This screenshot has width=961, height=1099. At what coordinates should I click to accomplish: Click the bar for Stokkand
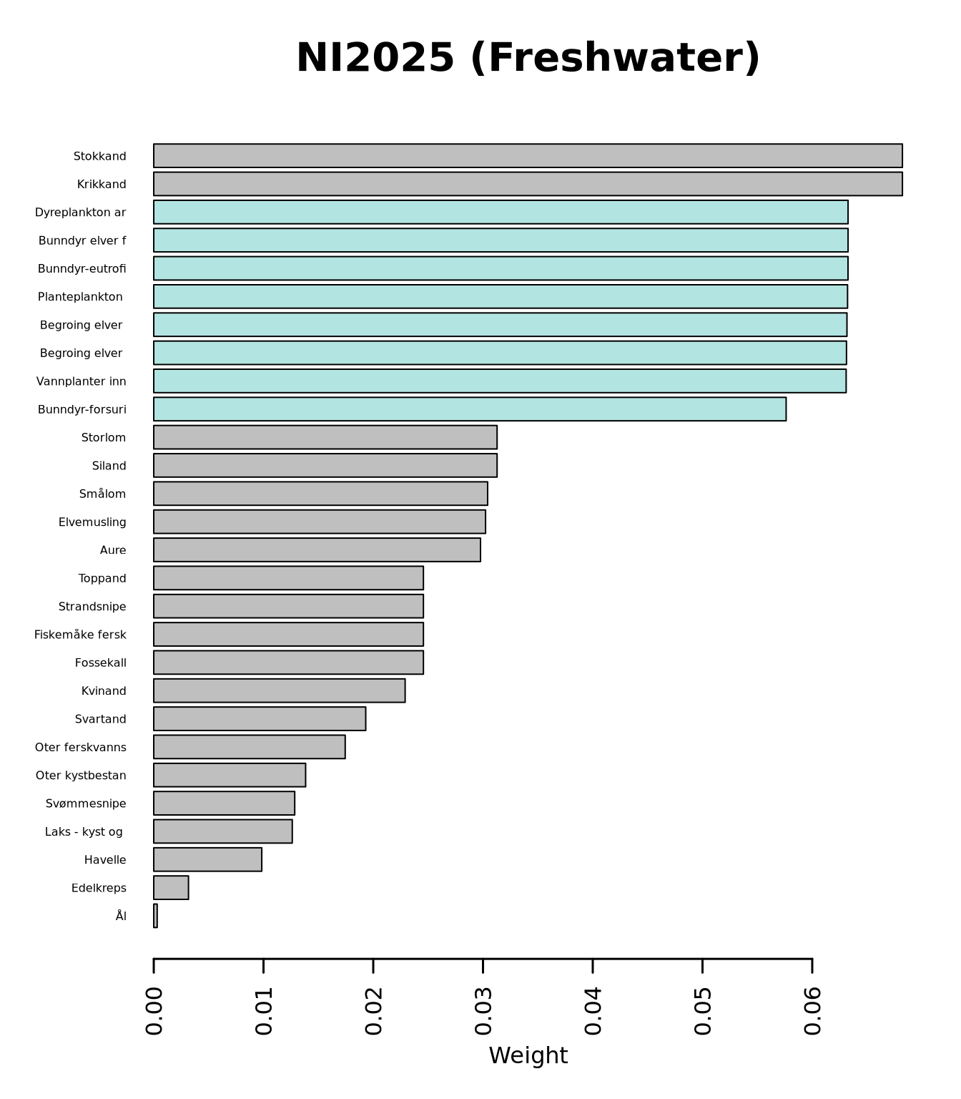coord(528,156)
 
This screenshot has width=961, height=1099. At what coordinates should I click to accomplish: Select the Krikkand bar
coord(528,184)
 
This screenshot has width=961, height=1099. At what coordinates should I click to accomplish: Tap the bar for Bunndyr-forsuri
coord(470,409)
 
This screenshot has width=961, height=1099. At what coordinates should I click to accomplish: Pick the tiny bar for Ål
coord(155,916)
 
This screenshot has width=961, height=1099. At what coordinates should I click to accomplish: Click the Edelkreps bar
coord(171,888)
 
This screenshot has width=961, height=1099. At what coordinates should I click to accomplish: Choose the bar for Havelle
coord(207,859)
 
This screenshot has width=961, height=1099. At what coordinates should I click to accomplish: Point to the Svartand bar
coord(260,719)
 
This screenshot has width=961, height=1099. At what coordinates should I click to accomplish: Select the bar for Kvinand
coord(279,690)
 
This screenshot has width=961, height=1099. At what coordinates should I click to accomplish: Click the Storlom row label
coord(104,438)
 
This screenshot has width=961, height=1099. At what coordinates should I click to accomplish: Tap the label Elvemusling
coord(92,522)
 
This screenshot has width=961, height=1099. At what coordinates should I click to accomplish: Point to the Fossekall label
coord(101,663)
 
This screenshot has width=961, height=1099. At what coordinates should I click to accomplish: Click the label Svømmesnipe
coord(86,804)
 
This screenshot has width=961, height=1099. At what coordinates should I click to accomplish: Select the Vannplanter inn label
coord(82,381)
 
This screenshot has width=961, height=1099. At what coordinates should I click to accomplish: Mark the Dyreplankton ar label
coord(81,213)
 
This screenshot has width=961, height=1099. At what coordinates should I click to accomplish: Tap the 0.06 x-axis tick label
coord(812,1010)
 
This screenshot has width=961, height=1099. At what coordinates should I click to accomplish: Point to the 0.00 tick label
coord(154,1010)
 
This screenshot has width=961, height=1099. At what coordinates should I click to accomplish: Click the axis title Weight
coord(528,1055)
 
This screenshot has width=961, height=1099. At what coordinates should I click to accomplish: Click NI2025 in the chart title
coord(375,58)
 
